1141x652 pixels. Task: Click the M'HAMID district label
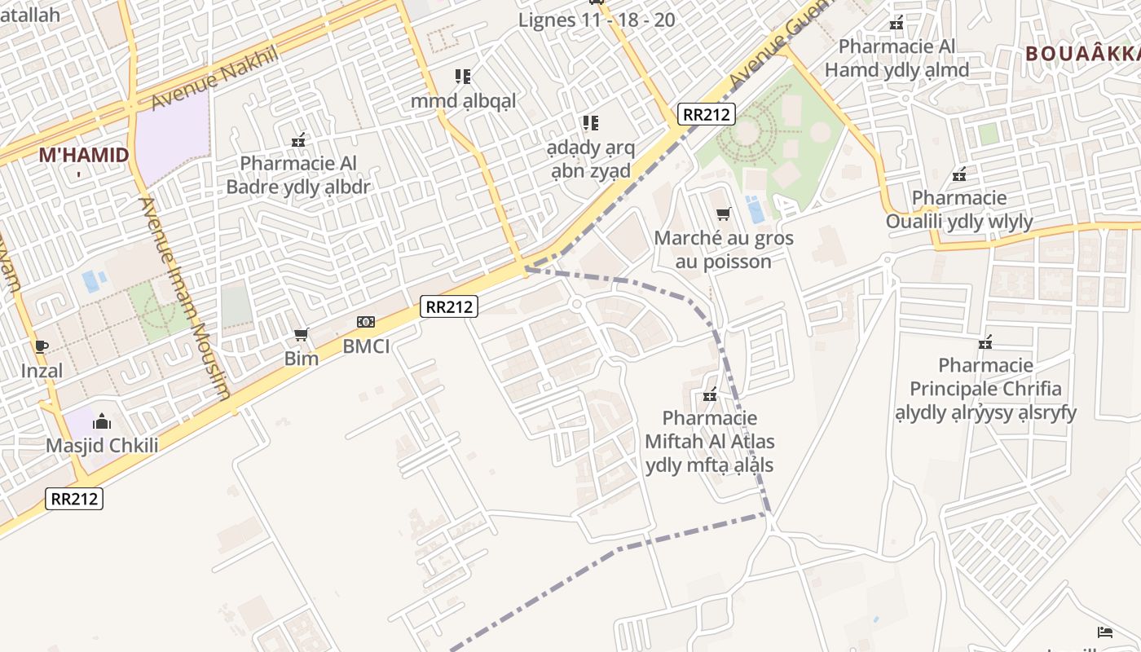click(x=84, y=155)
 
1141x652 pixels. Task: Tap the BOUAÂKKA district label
click(x=1082, y=55)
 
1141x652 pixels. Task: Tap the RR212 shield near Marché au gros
click(x=706, y=114)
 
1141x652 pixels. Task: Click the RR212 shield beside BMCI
click(x=449, y=307)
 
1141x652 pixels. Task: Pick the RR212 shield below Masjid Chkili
click(x=74, y=498)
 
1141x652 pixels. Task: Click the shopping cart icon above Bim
click(x=301, y=335)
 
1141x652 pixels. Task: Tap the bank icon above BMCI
click(x=366, y=323)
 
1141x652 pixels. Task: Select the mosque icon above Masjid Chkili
click(x=102, y=421)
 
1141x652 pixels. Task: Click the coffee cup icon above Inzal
click(x=42, y=347)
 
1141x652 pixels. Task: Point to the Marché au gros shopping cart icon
click(x=723, y=214)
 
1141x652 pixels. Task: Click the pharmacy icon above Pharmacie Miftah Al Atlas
click(x=710, y=395)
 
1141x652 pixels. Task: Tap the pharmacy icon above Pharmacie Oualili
click(x=960, y=174)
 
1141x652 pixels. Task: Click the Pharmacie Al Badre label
click(x=298, y=175)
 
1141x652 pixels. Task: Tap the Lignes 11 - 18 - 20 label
click(x=597, y=20)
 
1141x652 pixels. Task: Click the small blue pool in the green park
click(x=756, y=210)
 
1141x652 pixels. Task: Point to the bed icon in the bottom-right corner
click(x=1105, y=632)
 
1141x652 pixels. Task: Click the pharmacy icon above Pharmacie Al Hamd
click(x=896, y=24)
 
